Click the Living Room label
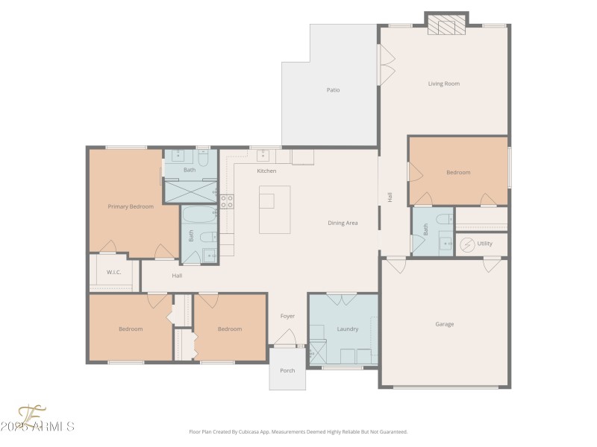point(443,83)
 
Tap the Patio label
point(333,90)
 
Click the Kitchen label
point(266,171)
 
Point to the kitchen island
point(275,209)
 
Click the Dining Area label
point(343,223)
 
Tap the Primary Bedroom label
point(131,206)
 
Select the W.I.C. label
point(113,272)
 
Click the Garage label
point(445,324)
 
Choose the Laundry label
point(348,329)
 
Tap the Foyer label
point(287,316)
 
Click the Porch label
point(287,370)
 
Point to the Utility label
point(485,244)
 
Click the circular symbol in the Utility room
point(467,244)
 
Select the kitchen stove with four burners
point(227,200)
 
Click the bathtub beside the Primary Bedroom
point(199,216)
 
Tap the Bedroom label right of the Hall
point(458,172)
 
